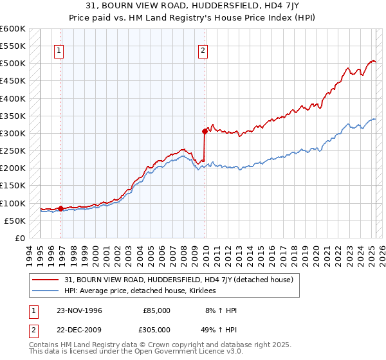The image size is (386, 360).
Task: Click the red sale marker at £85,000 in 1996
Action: pos(61,208)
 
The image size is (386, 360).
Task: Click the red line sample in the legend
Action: pos(45,280)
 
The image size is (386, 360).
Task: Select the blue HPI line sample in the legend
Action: pos(45,291)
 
